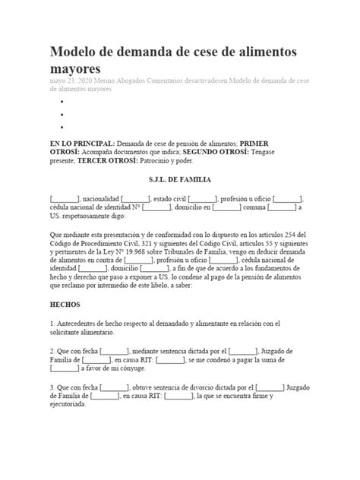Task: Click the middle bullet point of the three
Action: point(60,114)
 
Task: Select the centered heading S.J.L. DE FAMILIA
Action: point(179,180)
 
